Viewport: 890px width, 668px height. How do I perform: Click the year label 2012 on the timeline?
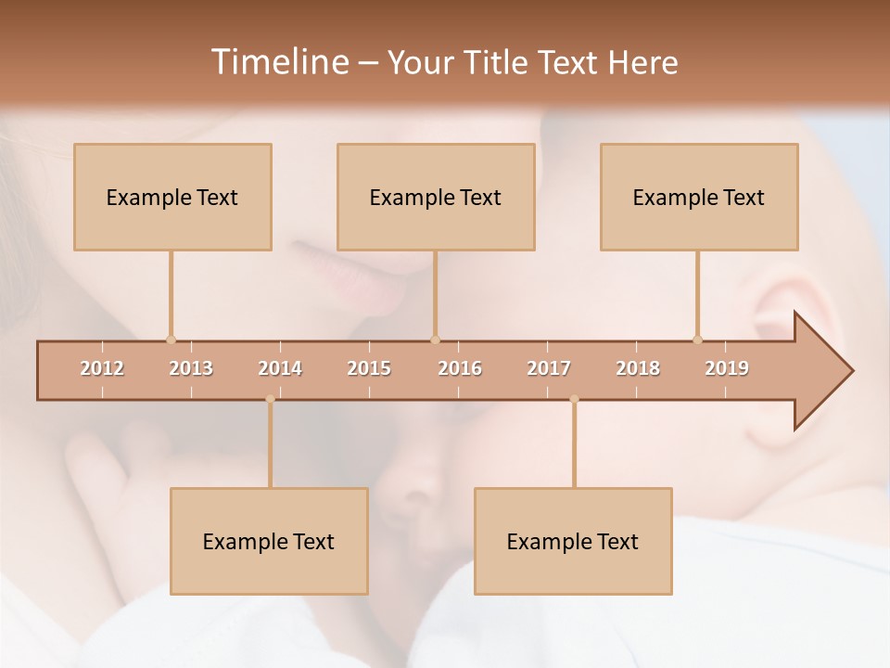pyautogui.click(x=102, y=368)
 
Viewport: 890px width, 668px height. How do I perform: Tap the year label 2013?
pyautogui.click(x=191, y=368)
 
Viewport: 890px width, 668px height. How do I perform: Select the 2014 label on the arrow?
pyautogui.click(x=280, y=368)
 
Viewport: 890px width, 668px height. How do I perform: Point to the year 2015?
pyautogui.click(x=369, y=368)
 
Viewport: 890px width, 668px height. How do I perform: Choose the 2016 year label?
pyautogui.click(x=460, y=368)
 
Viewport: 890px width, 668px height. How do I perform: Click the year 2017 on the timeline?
pyautogui.click(x=549, y=368)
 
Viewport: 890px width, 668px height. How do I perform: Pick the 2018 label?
pyautogui.click(x=638, y=368)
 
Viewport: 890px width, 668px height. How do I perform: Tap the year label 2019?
pyautogui.click(x=727, y=368)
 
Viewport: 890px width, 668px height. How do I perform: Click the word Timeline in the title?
pyautogui.click(x=279, y=62)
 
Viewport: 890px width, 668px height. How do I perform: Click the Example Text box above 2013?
pyautogui.click(x=172, y=197)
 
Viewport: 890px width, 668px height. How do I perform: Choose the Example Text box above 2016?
pyautogui.click(x=436, y=197)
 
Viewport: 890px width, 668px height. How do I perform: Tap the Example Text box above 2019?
pyautogui.click(x=699, y=197)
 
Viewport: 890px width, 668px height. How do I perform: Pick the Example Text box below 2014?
pyautogui.click(x=269, y=541)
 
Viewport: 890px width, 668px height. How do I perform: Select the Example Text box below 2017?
pyautogui.click(x=573, y=541)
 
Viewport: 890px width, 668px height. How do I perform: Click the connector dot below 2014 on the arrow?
pyautogui.click(x=270, y=399)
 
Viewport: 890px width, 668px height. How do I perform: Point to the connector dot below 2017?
pyautogui.click(x=574, y=399)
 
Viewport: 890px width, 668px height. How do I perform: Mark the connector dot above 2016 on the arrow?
pyautogui.click(x=435, y=340)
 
